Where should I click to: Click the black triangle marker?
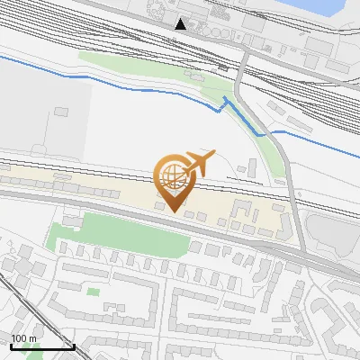point(181,23)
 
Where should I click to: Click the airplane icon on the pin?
point(197,163)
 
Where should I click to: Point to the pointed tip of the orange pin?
point(175,211)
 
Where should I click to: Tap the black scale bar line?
point(41,346)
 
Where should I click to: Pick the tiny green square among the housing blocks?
point(93,292)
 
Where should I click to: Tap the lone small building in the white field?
point(60,112)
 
